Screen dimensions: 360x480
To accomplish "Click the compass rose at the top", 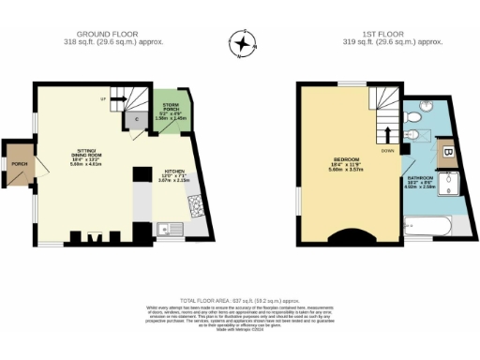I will [x=243, y=43].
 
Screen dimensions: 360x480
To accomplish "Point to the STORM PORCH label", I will [x=171, y=106].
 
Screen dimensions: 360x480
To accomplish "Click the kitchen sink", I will [x=165, y=227].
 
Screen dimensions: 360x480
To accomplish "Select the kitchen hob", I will [x=195, y=205].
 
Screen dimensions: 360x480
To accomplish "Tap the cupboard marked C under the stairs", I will [x=136, y=118].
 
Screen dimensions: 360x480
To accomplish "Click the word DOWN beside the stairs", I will [x=388, y=150].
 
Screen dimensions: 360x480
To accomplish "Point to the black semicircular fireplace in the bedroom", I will [x=352, y=238].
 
